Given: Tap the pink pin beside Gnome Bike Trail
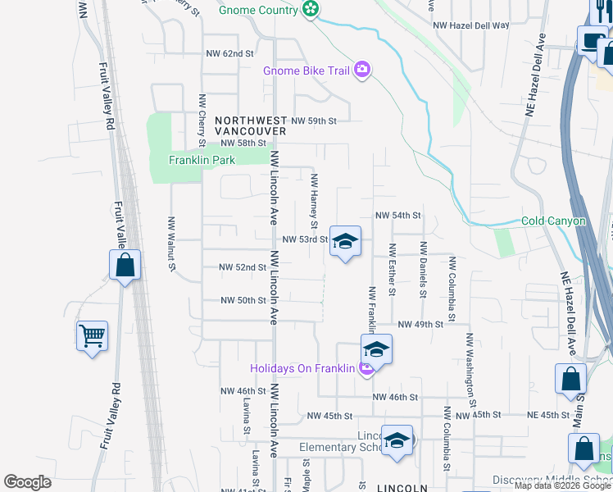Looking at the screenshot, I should pyautogui.click(x=362, y=71).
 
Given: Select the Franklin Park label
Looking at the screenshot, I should pyautogui.click(x=202, y=160).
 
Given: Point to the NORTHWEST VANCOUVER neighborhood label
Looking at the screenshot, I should pyautogui.click(x=251, y=125).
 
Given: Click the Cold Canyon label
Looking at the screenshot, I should pyautogui.click(x=554, y=221).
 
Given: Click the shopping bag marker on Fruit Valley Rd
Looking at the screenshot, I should pyautogui.click(x=124, y=265).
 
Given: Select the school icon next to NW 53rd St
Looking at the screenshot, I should pyautogui.click(x=345, y=241).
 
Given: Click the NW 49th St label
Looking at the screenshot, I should pyautogui.click(x=420, y=325).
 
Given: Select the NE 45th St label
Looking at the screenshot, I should pyautogui.click(x=549, y=415).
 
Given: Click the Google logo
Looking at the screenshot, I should pyautogui.click(x=27, y=482).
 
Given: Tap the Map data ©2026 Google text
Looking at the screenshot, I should pyautogui.click(x=562, y=485).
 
